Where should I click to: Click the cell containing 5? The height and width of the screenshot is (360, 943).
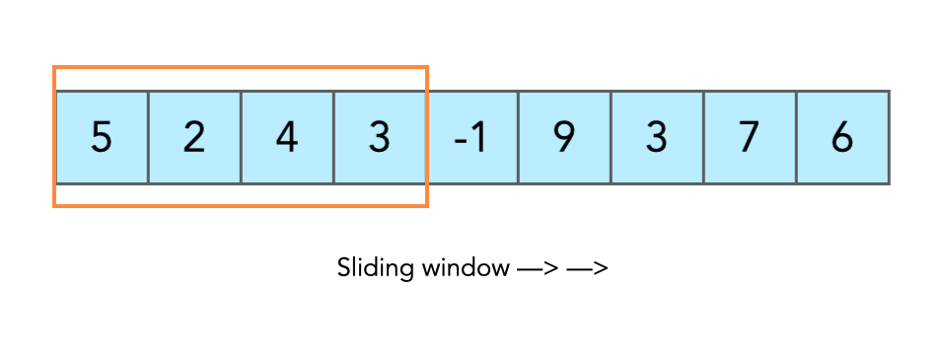(102, 137)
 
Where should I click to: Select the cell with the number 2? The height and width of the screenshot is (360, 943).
(194, 137)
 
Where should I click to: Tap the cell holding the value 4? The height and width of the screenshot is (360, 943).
(287, 137)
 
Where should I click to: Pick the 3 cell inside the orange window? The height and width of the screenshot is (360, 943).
(380, 137)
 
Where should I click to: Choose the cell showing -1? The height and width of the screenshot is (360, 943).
(471, 137)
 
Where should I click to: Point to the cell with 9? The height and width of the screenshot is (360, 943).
(564, 137)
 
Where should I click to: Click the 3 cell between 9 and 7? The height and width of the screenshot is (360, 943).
(657, 137)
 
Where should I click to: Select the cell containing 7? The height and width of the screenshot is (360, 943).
(750, 137)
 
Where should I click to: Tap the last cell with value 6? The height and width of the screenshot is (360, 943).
(842, 137)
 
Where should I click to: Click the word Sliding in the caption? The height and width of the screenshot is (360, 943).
(369, 268)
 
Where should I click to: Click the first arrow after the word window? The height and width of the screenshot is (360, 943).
(537, 268)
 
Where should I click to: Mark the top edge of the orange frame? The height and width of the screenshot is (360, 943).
(240, 68)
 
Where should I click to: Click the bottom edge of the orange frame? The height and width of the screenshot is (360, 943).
(240, 205)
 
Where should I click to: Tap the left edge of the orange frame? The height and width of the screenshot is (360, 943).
(54, 137)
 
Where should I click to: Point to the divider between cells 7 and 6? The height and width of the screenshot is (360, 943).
(796, 137)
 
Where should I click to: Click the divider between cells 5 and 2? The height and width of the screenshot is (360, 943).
(148, 137)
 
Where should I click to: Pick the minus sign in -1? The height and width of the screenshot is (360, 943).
(460, 139)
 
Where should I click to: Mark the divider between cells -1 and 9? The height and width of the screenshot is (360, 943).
(518, 137)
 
